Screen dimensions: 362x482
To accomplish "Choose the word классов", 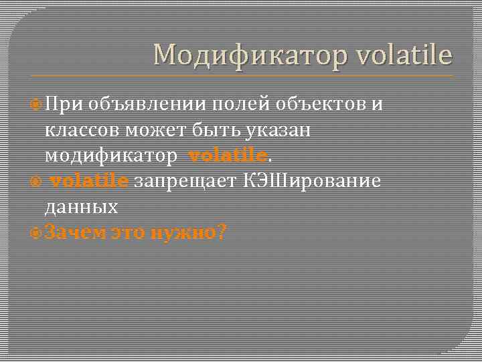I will tap(84, 129).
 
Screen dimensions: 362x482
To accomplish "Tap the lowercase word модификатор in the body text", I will tap(111, 156).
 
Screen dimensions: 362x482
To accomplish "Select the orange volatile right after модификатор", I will tap(228, 156).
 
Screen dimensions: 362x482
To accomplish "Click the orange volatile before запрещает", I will tap(90, 181).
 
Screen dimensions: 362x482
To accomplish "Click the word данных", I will tap(82, 206).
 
